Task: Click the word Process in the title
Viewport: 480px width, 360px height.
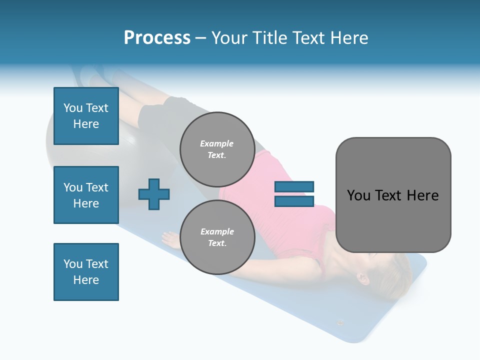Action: (157, 38)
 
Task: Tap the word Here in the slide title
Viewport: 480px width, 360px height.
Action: (346, 38)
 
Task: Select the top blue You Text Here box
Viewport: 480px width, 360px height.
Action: (86, 116)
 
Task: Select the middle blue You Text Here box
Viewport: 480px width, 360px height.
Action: (86, 195)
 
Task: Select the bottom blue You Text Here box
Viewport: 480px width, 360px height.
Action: (86, 272)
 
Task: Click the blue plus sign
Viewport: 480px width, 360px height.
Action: (154, 194)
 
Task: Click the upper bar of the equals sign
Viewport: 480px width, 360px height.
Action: (294, 187)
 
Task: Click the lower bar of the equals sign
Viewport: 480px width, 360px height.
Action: (294, 201)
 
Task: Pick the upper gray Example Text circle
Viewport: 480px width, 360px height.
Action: (217, 149)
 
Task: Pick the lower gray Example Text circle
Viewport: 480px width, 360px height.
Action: (217, 237)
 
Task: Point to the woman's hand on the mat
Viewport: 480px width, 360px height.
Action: (170, 239)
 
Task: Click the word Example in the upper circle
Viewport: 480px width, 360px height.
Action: (217, 144)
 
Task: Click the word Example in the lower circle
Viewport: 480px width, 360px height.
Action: (217, 232)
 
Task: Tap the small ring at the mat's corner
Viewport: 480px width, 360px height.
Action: (341, 322)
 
